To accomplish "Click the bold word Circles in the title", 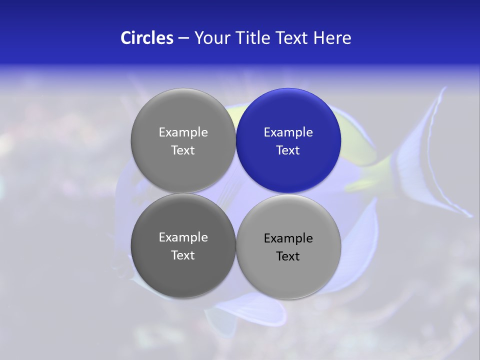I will [147, 38].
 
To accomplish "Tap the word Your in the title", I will [212, 38].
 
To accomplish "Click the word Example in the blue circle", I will [288, 132].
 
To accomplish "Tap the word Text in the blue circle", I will [288, 150].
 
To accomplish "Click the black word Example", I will [288, 238].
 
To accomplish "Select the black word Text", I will [288, 256].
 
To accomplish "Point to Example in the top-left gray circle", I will [183, 132].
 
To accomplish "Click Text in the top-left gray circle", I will [183, 150].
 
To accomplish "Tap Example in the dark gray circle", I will [183, 237].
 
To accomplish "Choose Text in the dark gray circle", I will [183, 255].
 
